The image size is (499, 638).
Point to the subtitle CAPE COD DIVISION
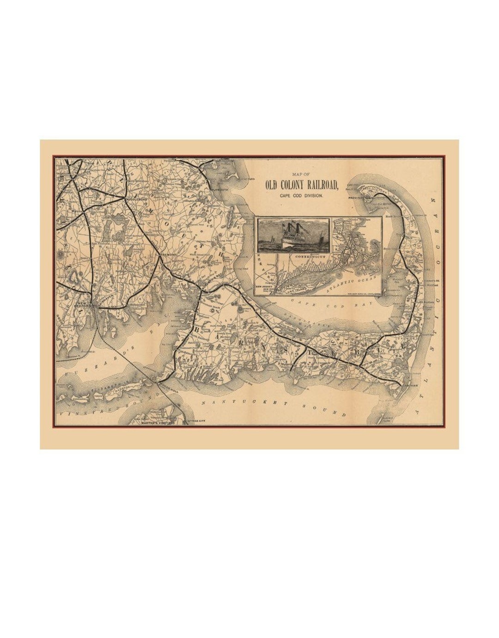(301, 196)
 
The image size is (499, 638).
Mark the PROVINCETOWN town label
(365, 198)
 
